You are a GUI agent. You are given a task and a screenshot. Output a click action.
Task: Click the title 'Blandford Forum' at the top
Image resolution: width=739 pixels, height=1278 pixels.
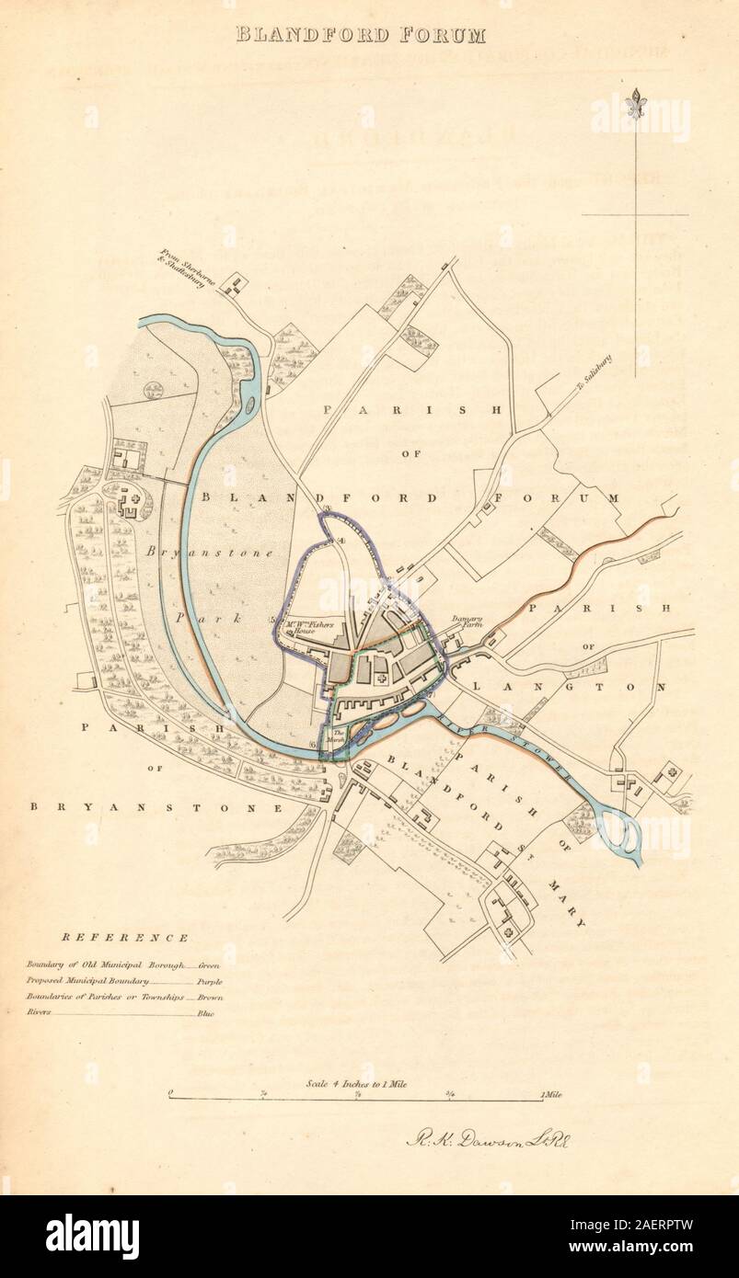(361, 35)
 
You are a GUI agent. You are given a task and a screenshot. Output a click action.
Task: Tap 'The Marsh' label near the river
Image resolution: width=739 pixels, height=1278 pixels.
(340, 735)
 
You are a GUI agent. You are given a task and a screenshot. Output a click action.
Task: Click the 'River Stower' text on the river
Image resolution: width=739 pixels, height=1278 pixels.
(506, 746)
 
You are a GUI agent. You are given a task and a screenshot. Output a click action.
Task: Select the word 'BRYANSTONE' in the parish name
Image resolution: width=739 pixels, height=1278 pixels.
(156, 807)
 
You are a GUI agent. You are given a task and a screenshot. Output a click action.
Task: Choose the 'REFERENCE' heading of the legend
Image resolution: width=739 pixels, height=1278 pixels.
(126, 939)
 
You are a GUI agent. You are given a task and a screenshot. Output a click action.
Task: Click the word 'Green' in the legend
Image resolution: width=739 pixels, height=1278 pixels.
(209, 965)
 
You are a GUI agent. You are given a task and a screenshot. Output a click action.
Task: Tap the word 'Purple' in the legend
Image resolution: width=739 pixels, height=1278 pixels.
(209, 981)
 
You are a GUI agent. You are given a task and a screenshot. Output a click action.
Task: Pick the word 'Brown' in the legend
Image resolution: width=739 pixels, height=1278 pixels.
(209, 997)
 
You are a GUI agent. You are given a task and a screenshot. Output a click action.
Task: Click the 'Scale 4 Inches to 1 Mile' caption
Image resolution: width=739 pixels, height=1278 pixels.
(357, 1084)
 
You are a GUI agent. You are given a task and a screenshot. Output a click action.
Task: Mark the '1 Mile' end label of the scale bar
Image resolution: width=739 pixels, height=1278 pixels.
(552, 1094)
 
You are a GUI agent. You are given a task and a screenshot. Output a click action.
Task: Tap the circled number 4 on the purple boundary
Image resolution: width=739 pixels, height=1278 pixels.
(341, 541)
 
